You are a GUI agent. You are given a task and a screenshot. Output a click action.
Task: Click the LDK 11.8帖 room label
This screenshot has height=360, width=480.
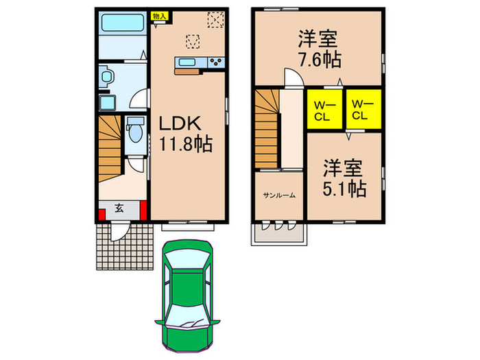pyautogui.click(x=185, y=134)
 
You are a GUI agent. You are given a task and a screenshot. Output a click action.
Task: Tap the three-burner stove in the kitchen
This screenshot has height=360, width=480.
pyautogui.click(x=216, y=64)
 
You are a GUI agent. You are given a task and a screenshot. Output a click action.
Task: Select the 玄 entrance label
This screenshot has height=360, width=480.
pyautogui.click(x=119, y=209)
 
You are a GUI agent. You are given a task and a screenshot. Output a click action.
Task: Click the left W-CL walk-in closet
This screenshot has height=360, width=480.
pyautogui.click(x=323, y=109)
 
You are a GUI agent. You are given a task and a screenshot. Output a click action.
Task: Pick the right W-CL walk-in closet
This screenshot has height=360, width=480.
pyautogui.click(x=361, y=109)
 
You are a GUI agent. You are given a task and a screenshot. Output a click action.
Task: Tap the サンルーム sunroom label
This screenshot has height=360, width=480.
pyautogui.click(x=279, y=195)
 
